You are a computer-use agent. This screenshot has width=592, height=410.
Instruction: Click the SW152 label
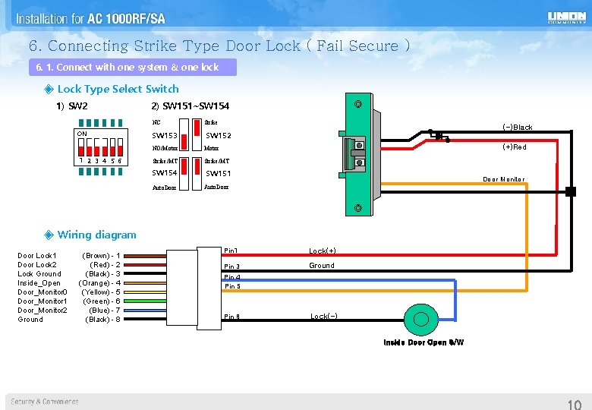(219, 136)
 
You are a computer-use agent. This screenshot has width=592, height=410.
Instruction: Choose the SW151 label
(219, 174)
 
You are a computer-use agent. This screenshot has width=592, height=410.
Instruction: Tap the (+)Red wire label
(513, 147)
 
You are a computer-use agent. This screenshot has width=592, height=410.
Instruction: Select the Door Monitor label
(503, 180)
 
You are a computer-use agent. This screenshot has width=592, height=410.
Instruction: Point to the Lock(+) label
(323, 251)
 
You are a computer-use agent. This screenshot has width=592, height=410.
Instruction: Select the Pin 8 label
(232, 317)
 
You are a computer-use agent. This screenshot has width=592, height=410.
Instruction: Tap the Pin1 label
(231, 251)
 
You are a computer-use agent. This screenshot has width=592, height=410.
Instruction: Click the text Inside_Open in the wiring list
(39, 283)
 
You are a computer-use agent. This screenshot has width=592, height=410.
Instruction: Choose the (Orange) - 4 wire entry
(99, 283)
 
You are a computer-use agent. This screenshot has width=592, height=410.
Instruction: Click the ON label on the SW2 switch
(81, 134)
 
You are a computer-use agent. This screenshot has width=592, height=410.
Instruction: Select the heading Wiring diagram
(96, 235)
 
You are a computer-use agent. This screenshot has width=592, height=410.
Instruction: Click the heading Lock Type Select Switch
(118, 89)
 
